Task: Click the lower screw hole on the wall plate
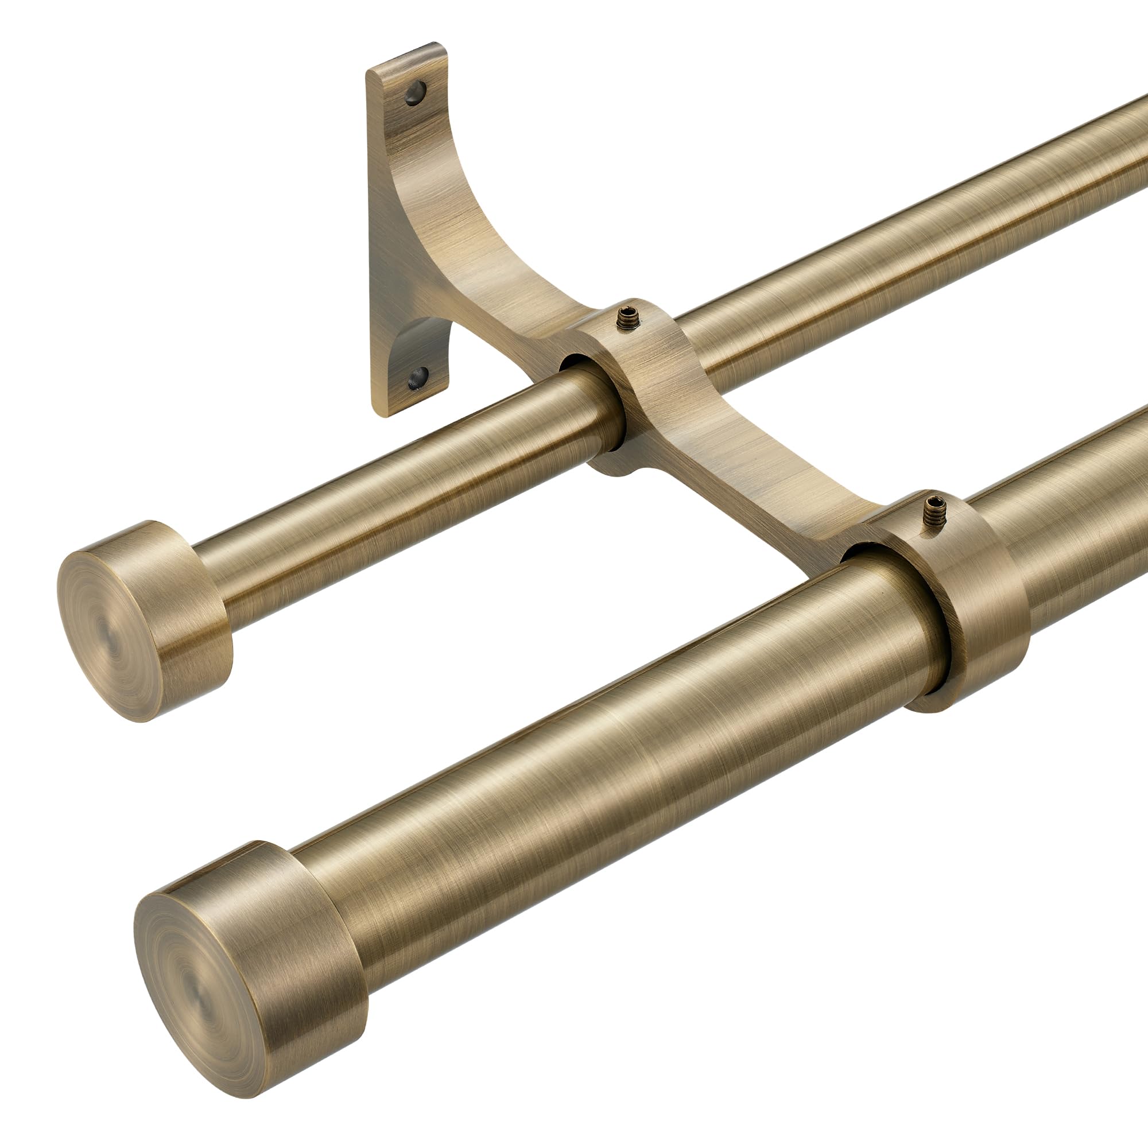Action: point(418,377)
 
